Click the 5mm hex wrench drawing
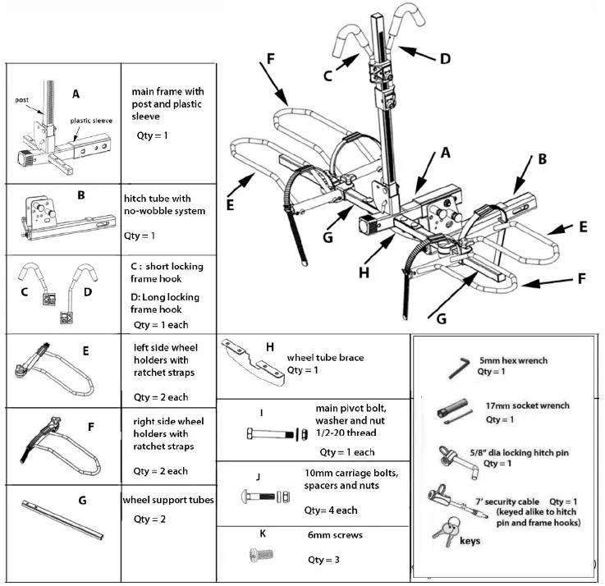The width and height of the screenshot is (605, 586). click(457, 367)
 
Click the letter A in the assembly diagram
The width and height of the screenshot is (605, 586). click(446, 153)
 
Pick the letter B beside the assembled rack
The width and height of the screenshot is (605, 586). click(541, 161)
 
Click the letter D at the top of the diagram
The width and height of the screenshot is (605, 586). click(445, 59)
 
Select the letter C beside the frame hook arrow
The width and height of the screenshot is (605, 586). click(327, 76)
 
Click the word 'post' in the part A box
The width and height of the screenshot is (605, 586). click(23, 99)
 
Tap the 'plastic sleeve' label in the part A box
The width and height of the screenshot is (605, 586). click(91, 121)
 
